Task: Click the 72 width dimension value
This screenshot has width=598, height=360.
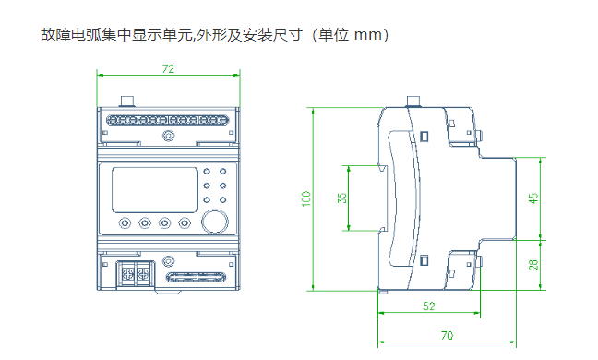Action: click(x=168, y=69)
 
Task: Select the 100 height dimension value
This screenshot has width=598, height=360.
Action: click(x=306, y=198)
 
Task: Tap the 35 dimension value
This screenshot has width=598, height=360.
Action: click(x=342, y=198)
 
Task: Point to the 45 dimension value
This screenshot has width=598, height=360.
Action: click(x=534, y=198)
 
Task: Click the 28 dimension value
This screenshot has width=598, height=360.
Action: click(x=533, y=265)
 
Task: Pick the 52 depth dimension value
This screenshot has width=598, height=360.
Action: click(x=429, y=306)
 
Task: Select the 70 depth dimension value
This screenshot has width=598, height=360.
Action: click(x=447, y=336)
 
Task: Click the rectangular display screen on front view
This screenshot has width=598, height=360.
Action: click(x=155, y=190)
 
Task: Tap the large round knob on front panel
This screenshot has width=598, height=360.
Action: click(x=215, y=222)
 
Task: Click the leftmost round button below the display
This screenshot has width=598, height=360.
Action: click(x=125, y=222)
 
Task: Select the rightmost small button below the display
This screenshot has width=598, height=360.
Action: click(x=185, y=222)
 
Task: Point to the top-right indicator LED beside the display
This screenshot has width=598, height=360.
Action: click(x=222, y=172)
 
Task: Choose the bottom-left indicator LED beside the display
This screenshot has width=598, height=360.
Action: click(x=207, y=199)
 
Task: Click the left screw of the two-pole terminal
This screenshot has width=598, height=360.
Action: click(x=127, y=273)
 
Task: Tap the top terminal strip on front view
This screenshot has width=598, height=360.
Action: click(x=167, y=121)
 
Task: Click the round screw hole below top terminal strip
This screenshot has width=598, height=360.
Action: click(x=168, y=136)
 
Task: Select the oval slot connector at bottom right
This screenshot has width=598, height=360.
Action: click(x=196, y=277)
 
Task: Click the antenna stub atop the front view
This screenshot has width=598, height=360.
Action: click(x=127, y=102)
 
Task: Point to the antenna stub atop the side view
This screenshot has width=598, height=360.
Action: click(x=413, y=102)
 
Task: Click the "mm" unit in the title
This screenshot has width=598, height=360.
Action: click(x=368, y=35)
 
